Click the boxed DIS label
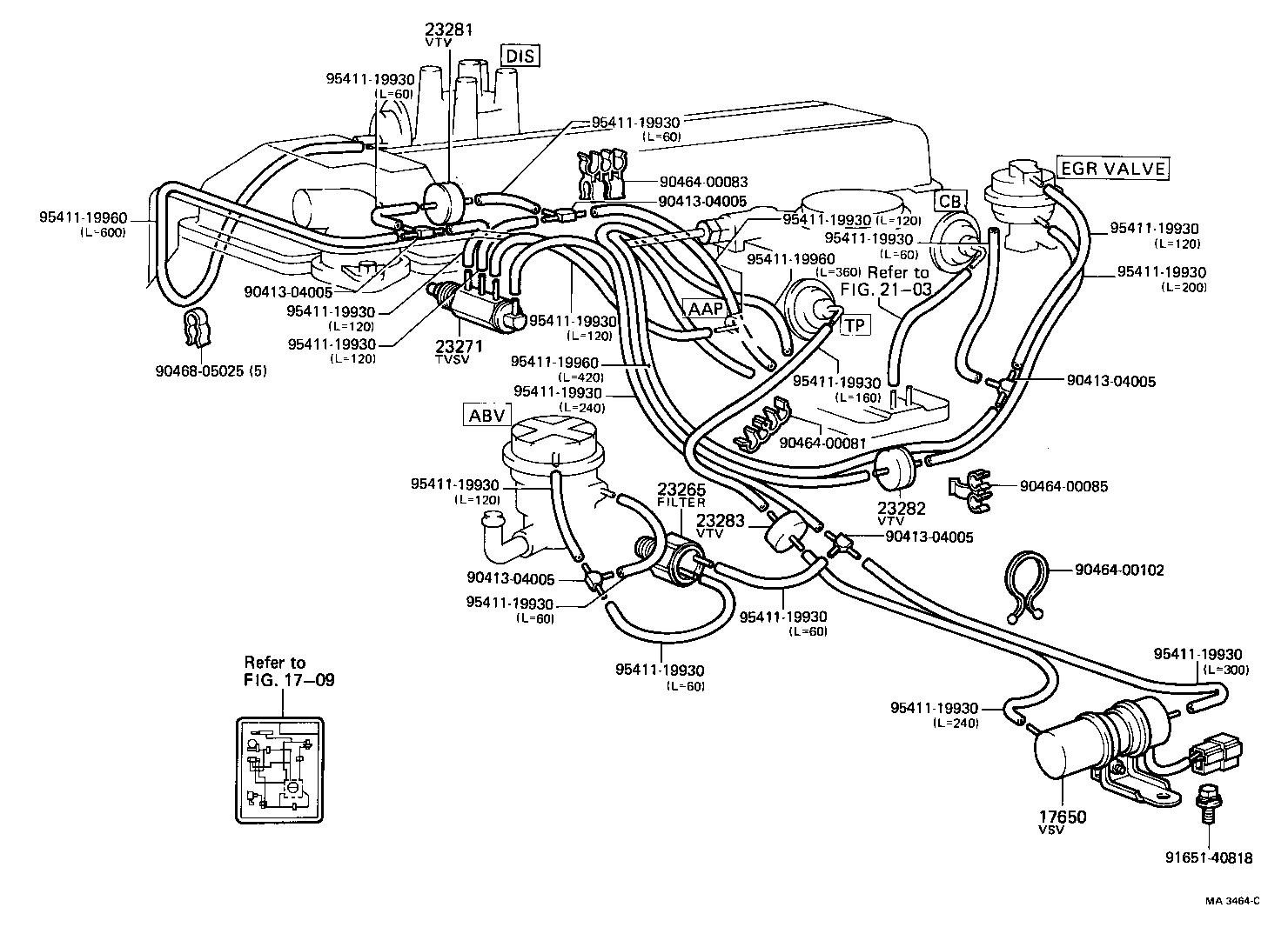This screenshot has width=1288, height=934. pos(520,57)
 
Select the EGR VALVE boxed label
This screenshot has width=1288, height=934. pos(1112,168)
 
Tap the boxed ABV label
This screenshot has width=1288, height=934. pos(486,415)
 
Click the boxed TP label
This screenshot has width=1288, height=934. pos(855,324)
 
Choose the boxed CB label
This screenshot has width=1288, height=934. pos(950,202)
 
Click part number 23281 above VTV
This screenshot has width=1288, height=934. pos(448,29)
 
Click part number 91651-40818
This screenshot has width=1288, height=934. pos(1209,858)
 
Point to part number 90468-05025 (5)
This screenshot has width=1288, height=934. pos(211,370)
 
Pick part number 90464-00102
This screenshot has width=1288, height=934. pos(1119,570)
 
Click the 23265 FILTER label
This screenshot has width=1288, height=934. pos(681,494)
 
